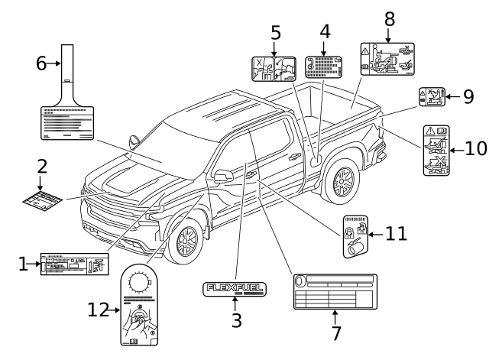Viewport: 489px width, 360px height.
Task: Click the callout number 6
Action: click(x=41, y=64)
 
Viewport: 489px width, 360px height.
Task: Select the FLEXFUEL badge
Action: click(x=236, y=289)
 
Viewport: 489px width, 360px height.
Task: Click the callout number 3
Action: click(x=237, y=321)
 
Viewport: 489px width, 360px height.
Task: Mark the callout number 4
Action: click(x=325, y=32)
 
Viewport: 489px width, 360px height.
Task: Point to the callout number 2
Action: click(x=43, y=165)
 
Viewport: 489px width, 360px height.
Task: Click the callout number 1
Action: click(x=24, y=264)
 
